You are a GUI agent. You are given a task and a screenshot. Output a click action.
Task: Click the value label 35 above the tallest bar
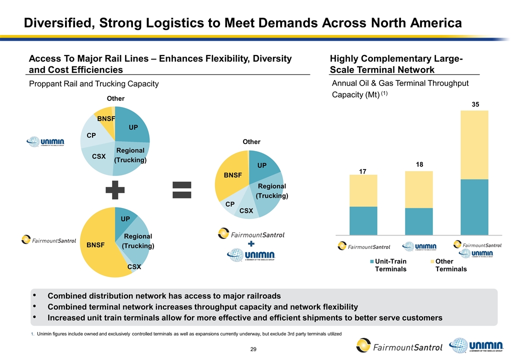tap(475, 104)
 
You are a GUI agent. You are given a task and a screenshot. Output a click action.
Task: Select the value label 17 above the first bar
tap(363, 171)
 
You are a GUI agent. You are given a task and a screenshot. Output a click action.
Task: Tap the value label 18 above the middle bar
tap(419, 164)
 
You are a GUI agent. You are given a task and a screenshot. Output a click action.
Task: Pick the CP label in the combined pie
tap(230, 204)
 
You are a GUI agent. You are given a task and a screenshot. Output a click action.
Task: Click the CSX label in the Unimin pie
tap(99, 156)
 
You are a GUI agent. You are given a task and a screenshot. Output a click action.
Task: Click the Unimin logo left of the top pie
tap(45, 141)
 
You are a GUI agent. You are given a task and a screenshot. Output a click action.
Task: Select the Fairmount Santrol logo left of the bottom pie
tap(48, 240)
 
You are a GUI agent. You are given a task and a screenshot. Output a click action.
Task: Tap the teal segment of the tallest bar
tap(474, 206)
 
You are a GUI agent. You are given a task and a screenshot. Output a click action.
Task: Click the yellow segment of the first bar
tap(363, 190)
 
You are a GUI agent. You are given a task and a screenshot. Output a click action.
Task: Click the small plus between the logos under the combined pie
tap(251, 243)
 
